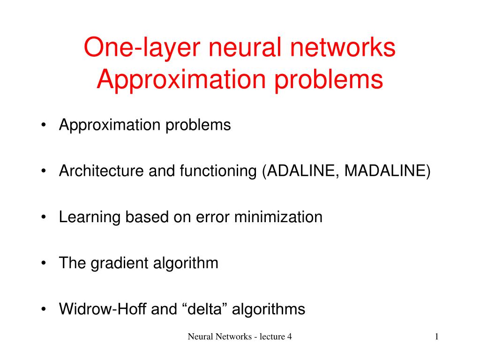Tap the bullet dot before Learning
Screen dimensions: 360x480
[44, 217]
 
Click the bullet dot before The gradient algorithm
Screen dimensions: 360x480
[44, 263]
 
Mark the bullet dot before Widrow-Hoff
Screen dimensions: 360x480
[44, 309]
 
